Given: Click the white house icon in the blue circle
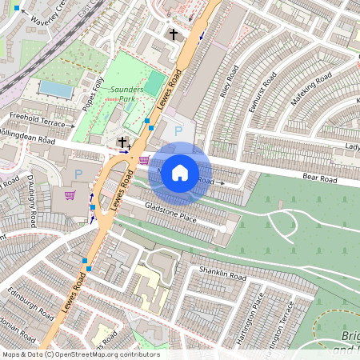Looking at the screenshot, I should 180,172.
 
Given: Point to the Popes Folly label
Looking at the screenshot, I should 94,93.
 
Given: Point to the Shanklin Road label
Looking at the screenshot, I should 224,274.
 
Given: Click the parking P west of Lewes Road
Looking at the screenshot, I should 78,174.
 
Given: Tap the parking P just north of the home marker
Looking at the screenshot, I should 178,130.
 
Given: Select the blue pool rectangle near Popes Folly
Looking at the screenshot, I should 55,88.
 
